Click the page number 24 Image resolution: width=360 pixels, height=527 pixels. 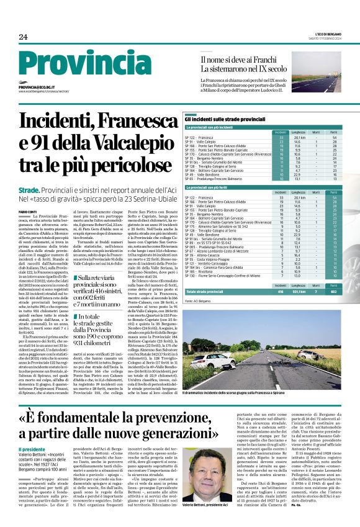coord(24,37)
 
